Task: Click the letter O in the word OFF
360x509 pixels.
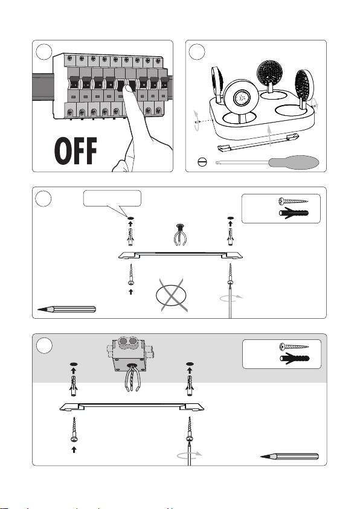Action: coord(62,151)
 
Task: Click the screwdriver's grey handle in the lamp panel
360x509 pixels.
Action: coord(294,162)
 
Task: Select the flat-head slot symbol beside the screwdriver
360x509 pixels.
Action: coord(202,162)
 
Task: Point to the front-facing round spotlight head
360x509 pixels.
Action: coord(241,97)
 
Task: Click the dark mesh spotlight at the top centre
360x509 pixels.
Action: coord(269,74)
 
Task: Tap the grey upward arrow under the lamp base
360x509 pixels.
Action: coord(269,136)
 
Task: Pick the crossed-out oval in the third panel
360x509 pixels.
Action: coord(172,295)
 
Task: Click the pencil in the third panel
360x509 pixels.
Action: coord(66,309)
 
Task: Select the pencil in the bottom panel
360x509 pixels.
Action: coord(289,456)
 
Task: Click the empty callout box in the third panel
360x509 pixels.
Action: coord(112,198)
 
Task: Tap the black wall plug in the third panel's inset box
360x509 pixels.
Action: coord(294,213)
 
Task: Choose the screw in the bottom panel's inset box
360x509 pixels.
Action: coord(294,347)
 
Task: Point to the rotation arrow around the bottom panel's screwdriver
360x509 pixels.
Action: coord(189,455)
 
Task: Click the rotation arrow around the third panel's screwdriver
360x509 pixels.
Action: coord(231,298)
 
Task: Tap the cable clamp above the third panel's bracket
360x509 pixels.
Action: coord(179,234)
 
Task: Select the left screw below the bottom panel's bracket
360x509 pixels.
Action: coord(74,429)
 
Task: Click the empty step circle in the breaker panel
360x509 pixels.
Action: coord(44,52)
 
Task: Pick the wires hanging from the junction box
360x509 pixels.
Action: coord(132,377)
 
